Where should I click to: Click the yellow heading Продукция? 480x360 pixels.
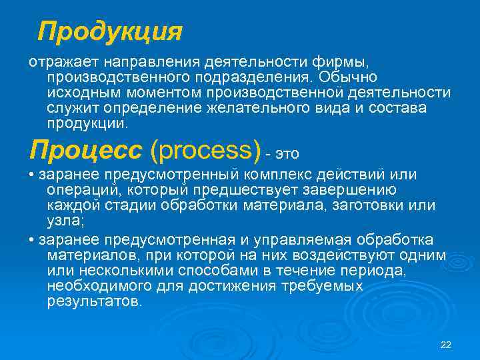110,31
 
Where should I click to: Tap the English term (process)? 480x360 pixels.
205,151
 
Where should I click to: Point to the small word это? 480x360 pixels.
287,154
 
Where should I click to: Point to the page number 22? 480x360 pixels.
447,344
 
